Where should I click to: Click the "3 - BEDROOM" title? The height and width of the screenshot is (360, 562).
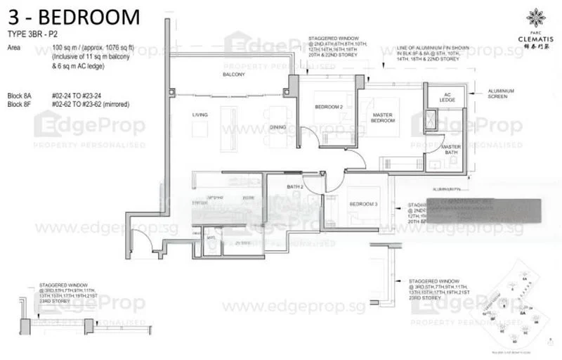[74, 17]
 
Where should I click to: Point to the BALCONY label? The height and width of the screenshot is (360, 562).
[233, 74]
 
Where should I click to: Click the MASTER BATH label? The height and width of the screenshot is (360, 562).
[450, 150]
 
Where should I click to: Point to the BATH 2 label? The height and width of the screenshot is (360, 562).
[295, 186]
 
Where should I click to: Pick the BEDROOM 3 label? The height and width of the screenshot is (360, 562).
[363, 203]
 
